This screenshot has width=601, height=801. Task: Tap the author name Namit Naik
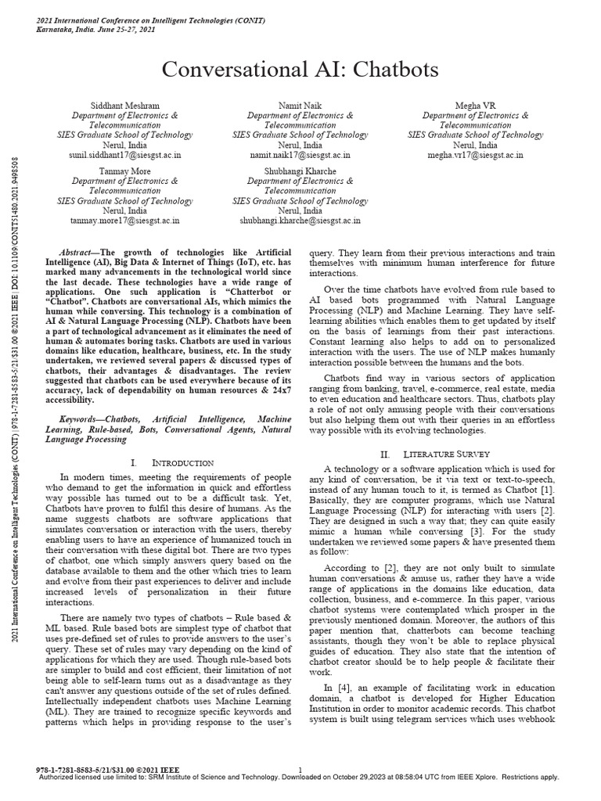point(300,105)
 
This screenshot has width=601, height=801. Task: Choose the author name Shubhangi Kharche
point(300,170)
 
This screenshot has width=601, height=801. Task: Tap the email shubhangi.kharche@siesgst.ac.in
point(300,221)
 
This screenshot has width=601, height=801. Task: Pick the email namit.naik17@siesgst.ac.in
point(300,156)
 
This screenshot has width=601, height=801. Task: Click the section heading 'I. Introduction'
point(172,463)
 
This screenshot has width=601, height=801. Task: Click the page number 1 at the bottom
point(300,769)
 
